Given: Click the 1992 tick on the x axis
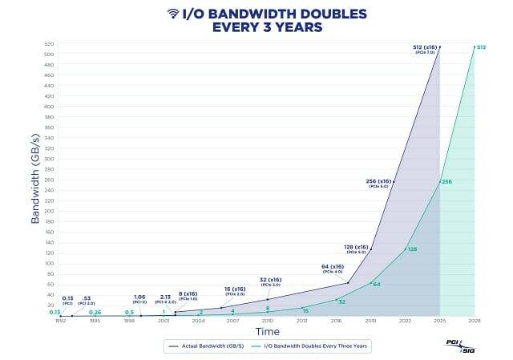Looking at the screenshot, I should (x=60, y=321).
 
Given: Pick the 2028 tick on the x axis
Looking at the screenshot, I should (x=474, y=321).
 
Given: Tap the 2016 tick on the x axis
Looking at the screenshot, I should (x=336, y=321).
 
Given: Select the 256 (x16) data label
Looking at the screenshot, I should (x=378, y=181).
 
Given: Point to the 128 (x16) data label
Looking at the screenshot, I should (x=356, y=247).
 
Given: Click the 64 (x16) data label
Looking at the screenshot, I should (x=333, y=266).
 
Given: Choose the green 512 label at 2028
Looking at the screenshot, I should (x=482, y=48).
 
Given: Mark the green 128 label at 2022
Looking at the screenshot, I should (x=412, y=249).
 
